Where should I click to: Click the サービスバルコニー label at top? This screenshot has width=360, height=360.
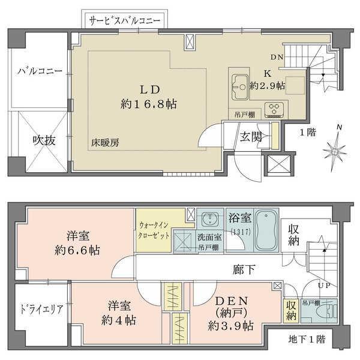(x=124, y=20)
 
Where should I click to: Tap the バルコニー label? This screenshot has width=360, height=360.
(x=40, y=71)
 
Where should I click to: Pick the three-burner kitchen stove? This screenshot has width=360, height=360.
(x=276, y=109)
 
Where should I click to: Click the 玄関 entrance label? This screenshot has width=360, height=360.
(x=251, y=137)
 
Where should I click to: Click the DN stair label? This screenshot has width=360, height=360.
(x=277, y=58)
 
